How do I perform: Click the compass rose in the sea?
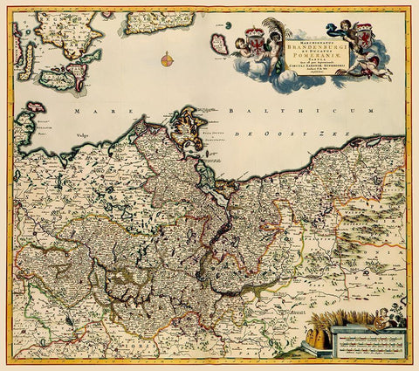coord(167,59)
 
